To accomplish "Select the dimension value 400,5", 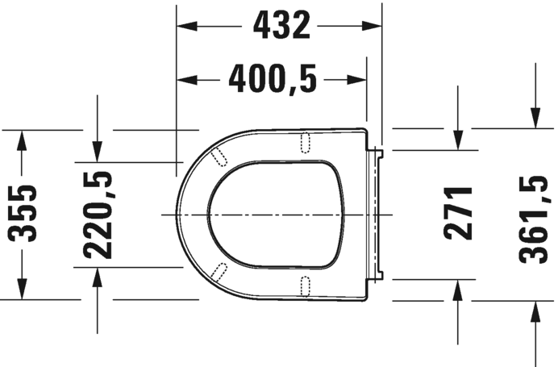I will tap(273, 79).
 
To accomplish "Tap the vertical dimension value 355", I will tap(23, 214).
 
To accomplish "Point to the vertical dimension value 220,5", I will tap(97, 214).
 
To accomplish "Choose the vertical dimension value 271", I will tap(458, 214).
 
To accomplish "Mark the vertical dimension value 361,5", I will tap(534, 214).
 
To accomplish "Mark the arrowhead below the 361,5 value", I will tap(534, 311).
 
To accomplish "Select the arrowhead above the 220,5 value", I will tap(97, 150).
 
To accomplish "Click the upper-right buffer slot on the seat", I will tap(306, 143).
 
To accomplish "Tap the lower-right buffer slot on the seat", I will tap(306, 285).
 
